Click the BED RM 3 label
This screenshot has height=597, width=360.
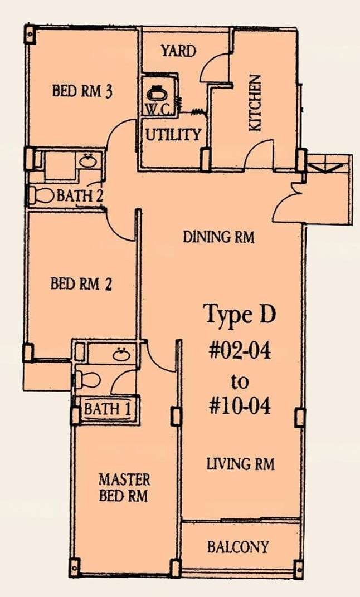[82, 92]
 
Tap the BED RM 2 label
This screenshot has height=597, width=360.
[81, 284]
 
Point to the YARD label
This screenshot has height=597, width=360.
[178, 51]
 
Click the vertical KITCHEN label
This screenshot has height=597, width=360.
[255, 103]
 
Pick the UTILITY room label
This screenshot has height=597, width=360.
[173, 134]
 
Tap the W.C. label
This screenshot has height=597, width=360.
[155, 109]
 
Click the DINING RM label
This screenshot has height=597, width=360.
[218, 237]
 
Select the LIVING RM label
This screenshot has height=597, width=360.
[240, 464]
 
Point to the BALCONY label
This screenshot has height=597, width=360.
[238, 547]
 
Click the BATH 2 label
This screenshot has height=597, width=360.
[80, 195]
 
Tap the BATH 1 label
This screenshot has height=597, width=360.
[107, 409]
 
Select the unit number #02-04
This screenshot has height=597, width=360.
[240, 350]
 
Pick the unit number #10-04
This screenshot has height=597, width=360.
[240, 406]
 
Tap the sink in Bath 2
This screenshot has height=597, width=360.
[88, 160]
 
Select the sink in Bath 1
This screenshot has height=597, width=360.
[121, 355]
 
